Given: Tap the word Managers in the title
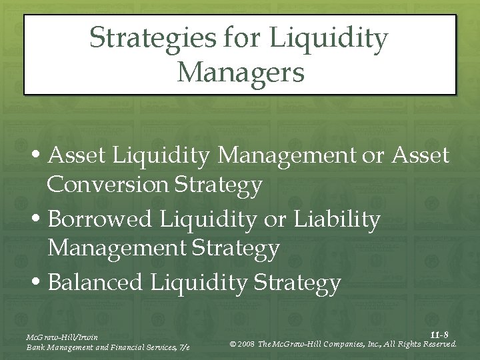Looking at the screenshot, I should [x=241, y=71].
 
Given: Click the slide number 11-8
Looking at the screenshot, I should [x=439, y=334].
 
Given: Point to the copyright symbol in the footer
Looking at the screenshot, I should [x=232, y=344].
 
